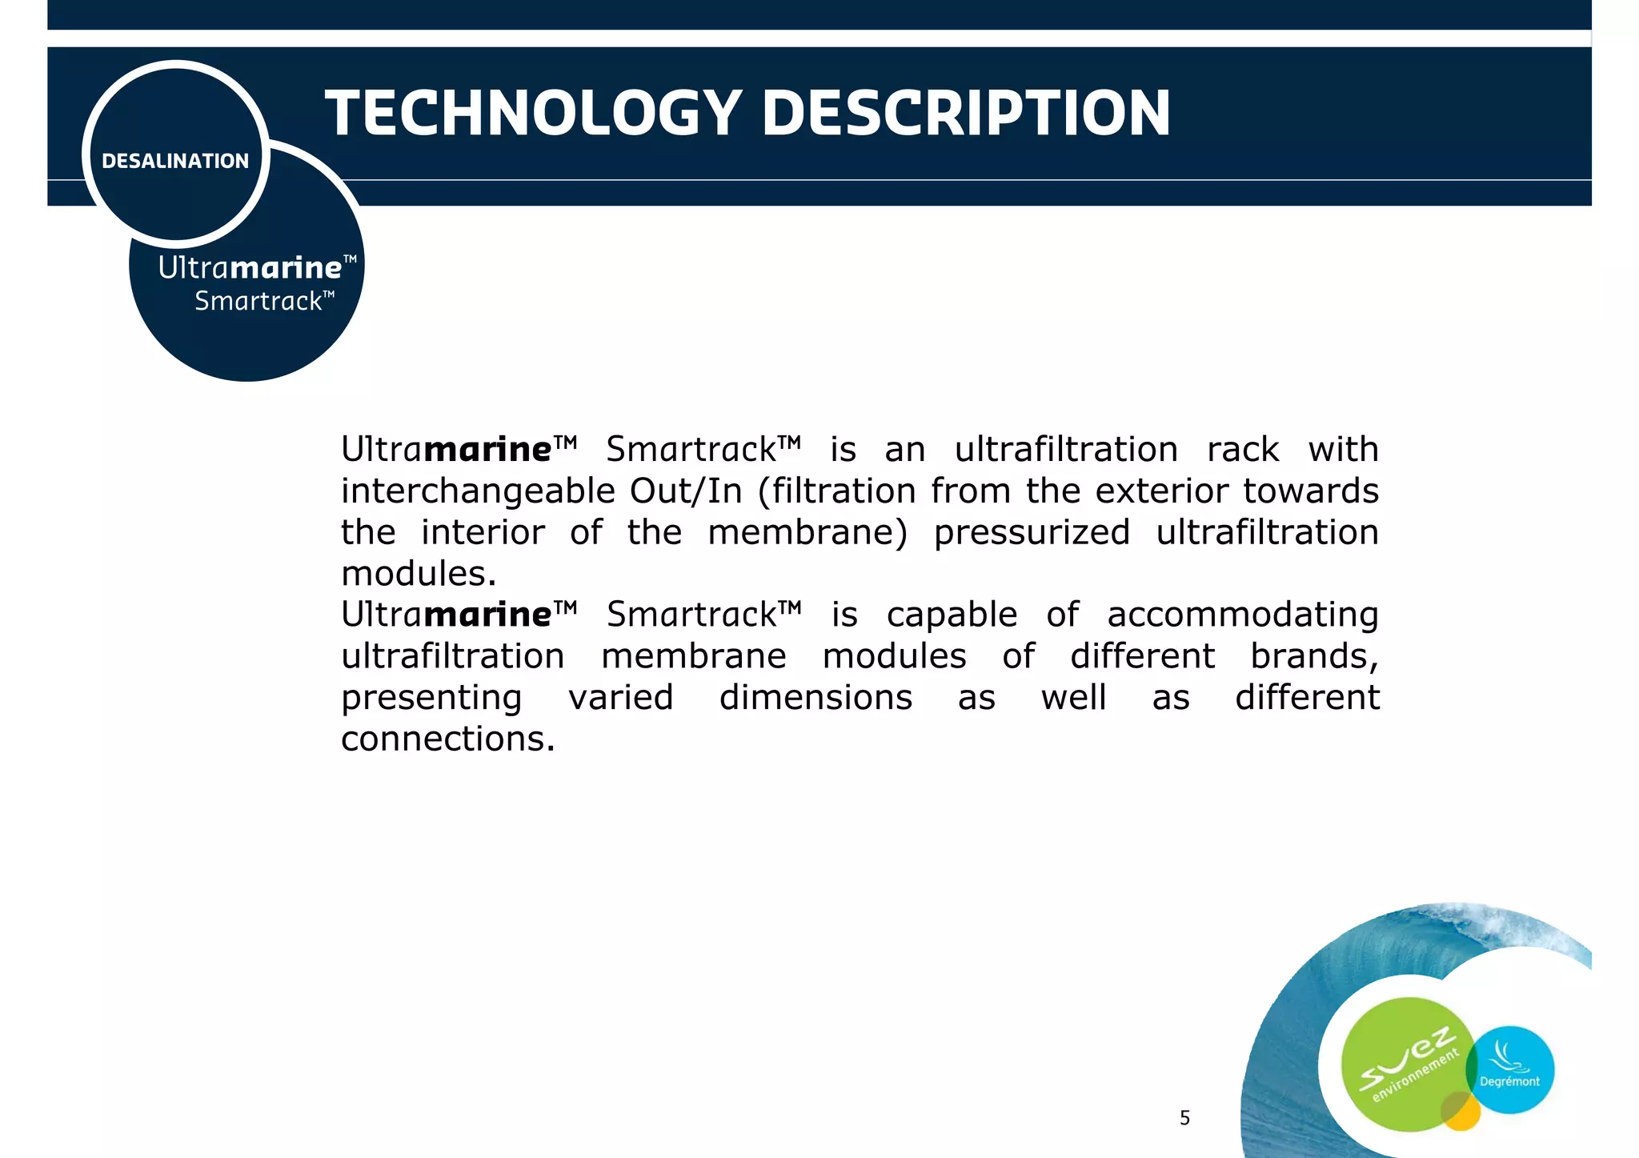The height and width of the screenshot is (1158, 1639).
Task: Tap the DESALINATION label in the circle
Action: point(175,161)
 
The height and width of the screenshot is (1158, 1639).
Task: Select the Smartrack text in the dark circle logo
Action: point(263,302)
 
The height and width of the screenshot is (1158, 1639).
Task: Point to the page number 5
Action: point(1184,1118)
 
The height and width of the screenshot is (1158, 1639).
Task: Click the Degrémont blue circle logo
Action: point(1510,1070)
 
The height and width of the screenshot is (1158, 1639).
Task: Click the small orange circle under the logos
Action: point(1461,1112)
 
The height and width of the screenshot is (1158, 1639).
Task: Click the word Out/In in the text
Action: point(686,491)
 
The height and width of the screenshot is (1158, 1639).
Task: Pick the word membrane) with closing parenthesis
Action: point(807,533)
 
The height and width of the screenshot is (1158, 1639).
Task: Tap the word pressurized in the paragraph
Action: point(1032,533)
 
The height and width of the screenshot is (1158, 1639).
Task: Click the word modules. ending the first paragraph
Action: point(419,574)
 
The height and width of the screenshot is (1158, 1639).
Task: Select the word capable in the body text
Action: point(952,615)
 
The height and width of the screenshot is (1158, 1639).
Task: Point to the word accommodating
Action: point(1243,615)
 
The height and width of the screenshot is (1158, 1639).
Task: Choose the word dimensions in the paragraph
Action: point(815,698)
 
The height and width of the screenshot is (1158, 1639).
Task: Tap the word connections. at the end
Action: point(447,739)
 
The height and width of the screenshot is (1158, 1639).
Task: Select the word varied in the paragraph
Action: point(621,698)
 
